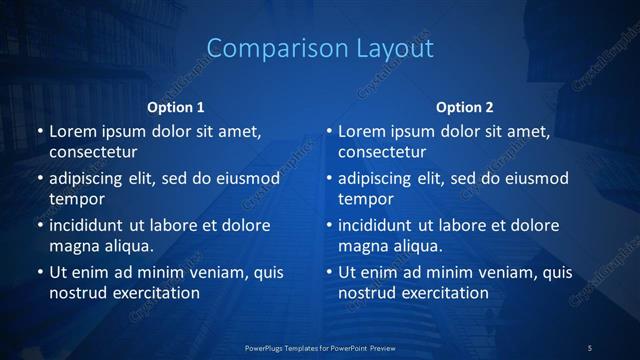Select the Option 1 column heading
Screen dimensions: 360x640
click(176, 107)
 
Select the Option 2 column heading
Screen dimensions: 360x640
click(465, 107)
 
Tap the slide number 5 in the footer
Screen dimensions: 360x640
click(590, 347)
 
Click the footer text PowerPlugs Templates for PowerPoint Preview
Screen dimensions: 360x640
click(320, 347)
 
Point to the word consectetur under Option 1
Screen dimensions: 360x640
click(93, 152)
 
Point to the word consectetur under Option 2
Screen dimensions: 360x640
click(382, 152)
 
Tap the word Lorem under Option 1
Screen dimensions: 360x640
click(72, 131)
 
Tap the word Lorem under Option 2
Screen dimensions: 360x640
click(361, 131)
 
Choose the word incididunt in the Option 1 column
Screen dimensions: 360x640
click(91, 225)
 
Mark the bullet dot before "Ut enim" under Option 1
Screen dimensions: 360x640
click(39, 272)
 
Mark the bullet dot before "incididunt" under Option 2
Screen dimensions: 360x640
click(329, 225)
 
